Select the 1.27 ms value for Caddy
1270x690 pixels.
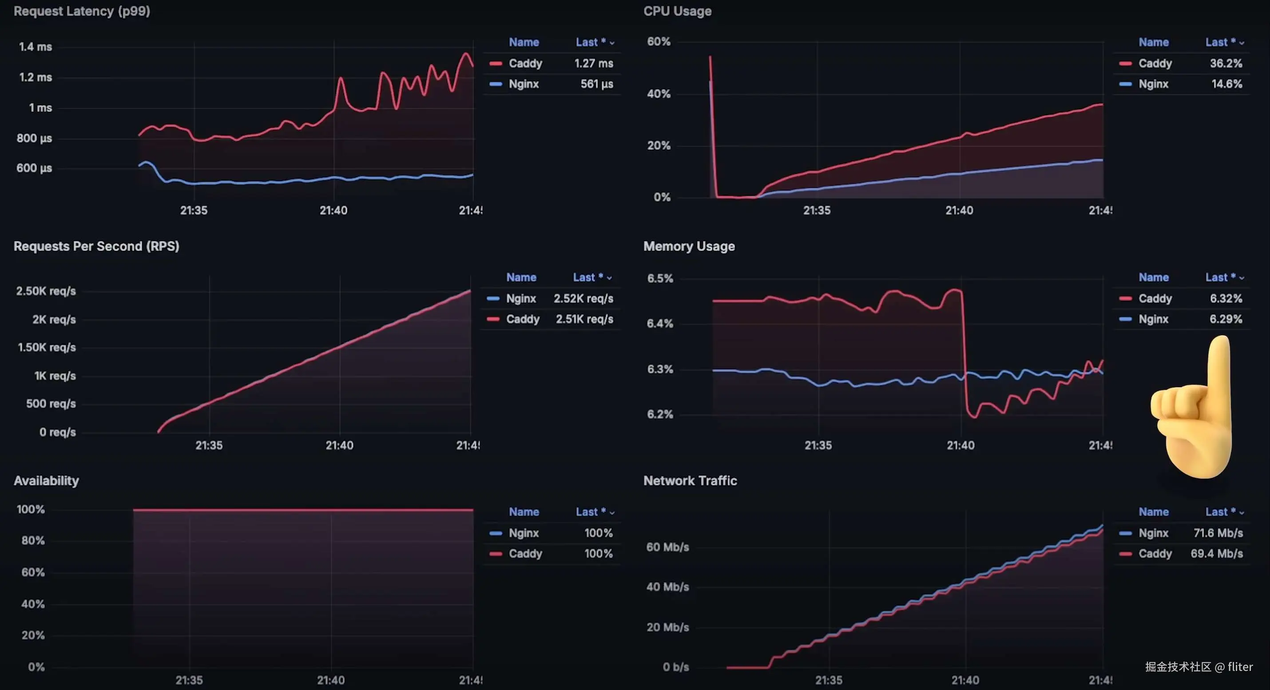594,63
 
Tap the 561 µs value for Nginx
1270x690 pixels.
596,84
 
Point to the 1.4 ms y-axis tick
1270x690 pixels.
36,47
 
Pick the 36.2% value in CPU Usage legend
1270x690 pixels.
1226,63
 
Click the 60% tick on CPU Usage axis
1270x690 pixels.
659,41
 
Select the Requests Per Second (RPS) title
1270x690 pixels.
96,246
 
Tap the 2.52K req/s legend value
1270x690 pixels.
583,298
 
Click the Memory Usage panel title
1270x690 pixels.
689,246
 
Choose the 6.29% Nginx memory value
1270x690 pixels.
1226,319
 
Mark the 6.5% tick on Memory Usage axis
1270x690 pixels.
660,278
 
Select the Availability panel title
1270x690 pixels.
46,480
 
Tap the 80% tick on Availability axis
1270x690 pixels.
33,541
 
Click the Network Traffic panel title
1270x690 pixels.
690,480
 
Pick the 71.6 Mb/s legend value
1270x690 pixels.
1218,533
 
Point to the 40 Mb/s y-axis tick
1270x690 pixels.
667,587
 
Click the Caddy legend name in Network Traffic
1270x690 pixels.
1155,554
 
